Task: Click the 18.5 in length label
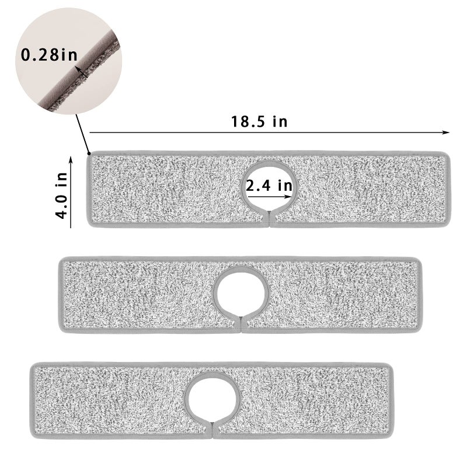[x=259, y=122]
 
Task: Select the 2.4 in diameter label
[x=269, y=186]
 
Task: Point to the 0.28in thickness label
[x=48, y=56]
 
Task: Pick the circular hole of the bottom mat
[x=214, y=396]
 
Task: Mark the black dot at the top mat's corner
[x=88, y=154]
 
